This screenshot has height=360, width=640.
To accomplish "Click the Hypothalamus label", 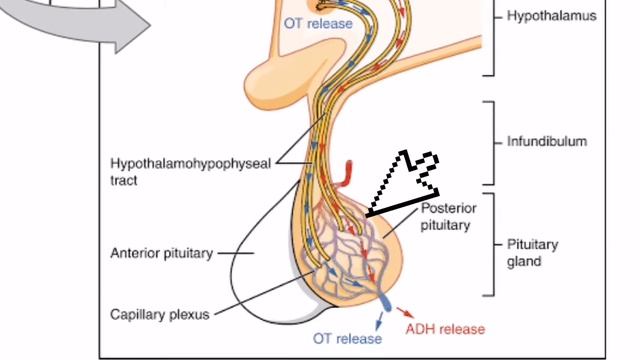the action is (551, 16).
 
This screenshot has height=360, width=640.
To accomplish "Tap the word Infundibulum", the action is (547, 141).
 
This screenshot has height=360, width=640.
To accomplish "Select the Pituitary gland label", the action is (532, 253).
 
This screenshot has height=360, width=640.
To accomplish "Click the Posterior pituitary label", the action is (448, 217).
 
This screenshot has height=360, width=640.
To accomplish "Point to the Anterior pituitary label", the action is (162, 253).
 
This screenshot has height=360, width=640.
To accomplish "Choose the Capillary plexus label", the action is (160, 314).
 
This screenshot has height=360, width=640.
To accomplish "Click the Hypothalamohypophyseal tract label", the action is (190, 172).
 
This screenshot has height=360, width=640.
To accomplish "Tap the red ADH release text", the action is (445, 329).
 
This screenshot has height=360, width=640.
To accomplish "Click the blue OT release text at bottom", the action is (347, 338).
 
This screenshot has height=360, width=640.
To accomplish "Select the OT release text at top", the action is (318, 23).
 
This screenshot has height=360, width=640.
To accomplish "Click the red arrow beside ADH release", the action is (405, 312).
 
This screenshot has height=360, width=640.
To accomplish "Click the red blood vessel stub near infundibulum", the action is (348, 173).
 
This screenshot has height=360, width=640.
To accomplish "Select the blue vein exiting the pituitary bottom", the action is (385, 302).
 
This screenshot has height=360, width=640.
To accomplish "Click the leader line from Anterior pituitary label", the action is (236, 253).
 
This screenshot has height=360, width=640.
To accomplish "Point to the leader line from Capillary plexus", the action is (265, 291).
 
